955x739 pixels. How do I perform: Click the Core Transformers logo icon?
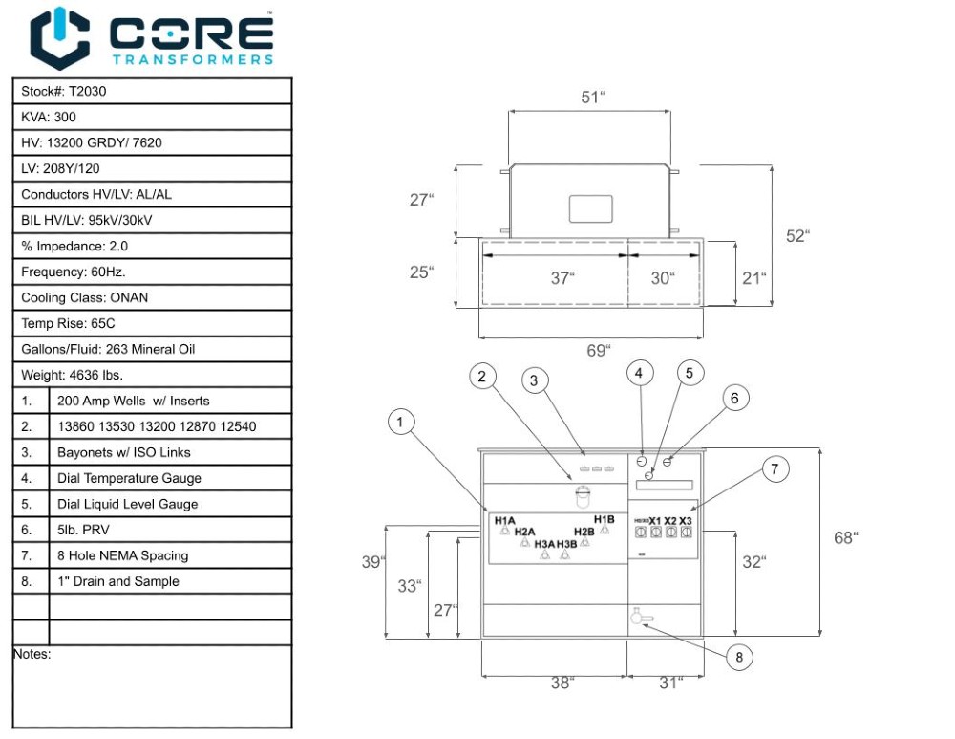tap(60, 38)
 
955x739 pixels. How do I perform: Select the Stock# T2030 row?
tap(152, 91)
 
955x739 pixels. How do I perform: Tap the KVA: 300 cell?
tap(152, 117)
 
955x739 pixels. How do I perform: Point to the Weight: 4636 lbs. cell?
tap(152, 375)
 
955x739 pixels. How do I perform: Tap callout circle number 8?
tap(738, 657)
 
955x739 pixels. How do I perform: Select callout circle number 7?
tap(775, 468)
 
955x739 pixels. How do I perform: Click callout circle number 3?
tap(535, 380)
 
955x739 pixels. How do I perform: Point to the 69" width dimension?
tap(597, 351)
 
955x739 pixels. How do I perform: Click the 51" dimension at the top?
tap(593, 98)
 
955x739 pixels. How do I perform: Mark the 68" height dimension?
tap(845, 537)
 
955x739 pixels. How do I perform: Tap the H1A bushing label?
tap(505, 520)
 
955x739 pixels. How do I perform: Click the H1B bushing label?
tap(604, 519)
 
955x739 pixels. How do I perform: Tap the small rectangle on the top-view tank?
tap(590, 208)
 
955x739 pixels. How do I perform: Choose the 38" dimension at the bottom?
tap(562, 683)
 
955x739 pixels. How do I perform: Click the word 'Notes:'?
tap(32, 655)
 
